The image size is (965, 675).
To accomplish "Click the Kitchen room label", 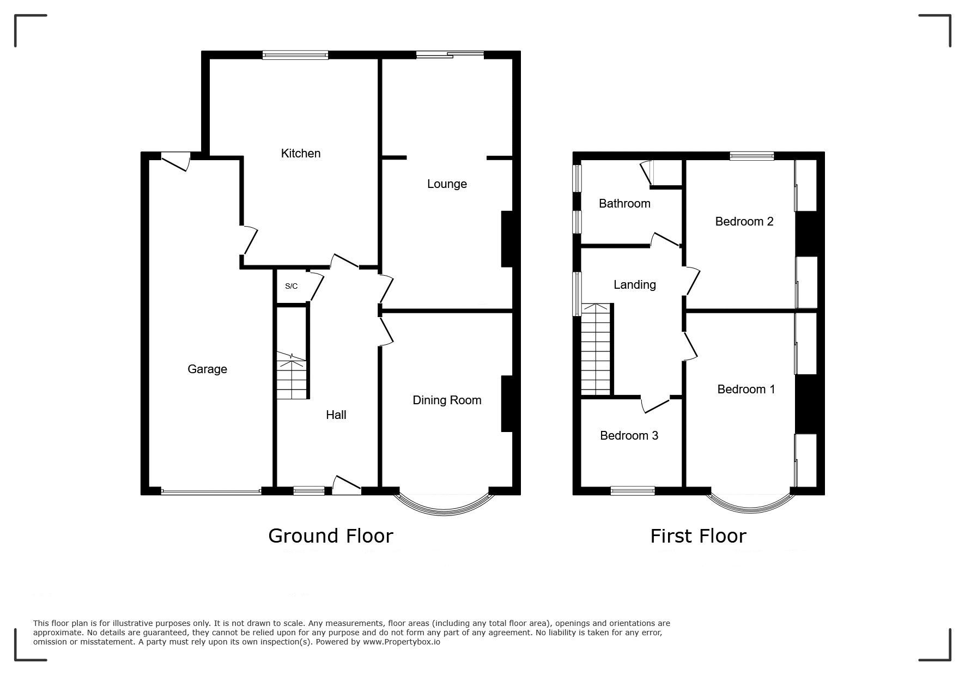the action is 300,154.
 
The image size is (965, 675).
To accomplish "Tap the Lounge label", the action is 447,184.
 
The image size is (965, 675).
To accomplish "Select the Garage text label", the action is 207,369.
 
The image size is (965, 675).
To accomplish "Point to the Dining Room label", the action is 447,400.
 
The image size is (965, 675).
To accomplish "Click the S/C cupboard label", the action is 292,286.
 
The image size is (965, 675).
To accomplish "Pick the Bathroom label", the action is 624,204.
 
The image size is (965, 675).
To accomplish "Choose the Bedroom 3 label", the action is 629,436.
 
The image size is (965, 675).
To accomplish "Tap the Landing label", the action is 634,285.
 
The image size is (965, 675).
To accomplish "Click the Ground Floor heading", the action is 330,536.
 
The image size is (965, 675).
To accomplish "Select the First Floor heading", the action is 697,536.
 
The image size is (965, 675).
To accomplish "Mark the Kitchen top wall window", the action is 295,54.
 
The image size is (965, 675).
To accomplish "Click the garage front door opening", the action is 211,491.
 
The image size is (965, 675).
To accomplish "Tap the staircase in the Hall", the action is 293,376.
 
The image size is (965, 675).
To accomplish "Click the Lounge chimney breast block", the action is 507,239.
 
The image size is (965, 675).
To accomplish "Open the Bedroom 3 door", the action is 655,404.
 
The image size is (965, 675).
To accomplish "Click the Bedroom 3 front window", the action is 632,491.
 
